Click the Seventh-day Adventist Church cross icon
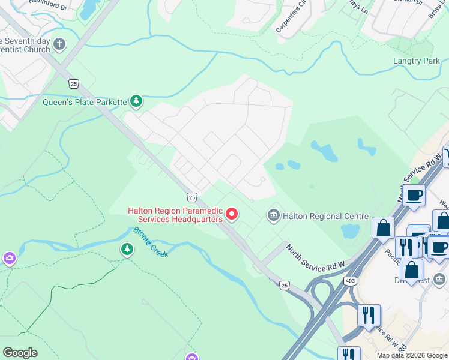(59, 44)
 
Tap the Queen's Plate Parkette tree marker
(137, 101)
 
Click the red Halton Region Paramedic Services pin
(231, 214)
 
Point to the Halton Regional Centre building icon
(274, 215)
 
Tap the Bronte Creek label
(150, 242)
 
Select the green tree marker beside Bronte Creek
(127, 249)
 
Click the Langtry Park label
(416, 61)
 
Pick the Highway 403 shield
(350, 281)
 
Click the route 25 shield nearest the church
(73, 83)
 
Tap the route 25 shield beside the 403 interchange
(284, 285)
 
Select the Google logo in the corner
(20, 353)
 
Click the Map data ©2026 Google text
(412, 355)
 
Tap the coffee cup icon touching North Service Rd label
(414, 195)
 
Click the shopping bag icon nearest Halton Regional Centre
(383, 228)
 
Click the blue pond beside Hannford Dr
(88, 8)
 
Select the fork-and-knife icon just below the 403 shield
(368, 314)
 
